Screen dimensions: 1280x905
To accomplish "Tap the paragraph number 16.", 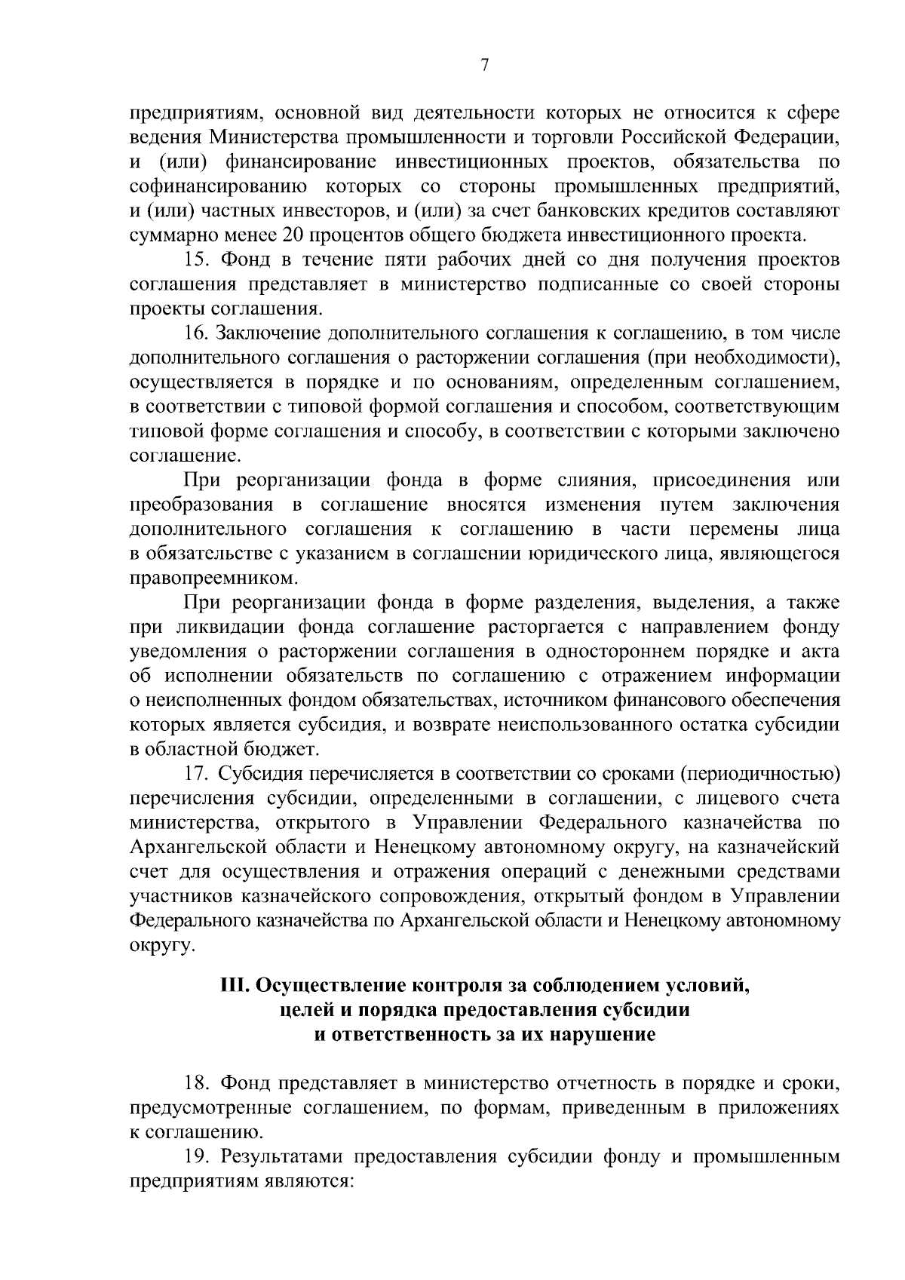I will (x=198, y=332).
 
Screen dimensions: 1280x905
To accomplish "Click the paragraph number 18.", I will (x=198, y=1083).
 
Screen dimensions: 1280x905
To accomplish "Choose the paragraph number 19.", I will (x=198, y=1157).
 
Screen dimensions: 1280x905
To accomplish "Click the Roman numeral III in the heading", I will (x=234, y=985).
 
